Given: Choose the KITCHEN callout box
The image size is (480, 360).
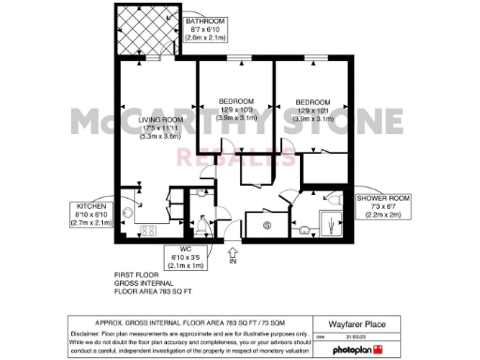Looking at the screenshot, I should pyautogui.click(x=91, y=214).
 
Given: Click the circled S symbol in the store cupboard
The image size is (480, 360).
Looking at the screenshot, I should pyautogui.click(x=267, y=225).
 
